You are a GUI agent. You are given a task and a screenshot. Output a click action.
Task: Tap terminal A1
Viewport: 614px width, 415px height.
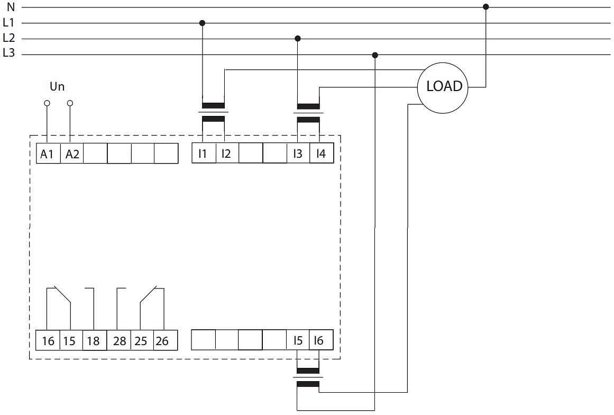(x=48, y=153)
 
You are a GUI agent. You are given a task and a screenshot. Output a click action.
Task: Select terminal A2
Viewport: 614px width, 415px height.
(x=72, y=153)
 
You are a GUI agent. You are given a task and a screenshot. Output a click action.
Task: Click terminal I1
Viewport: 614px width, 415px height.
(x=204, y=153)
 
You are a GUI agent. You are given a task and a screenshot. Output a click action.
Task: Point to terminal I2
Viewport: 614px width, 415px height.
(x=227, y=153)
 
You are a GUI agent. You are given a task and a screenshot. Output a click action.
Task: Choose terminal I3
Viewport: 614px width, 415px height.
(x=298, y=153)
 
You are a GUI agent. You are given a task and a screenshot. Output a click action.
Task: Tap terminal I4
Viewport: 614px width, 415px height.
(x=322, y=153)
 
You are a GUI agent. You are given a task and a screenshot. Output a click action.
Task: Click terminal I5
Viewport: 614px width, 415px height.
(x=298, y=340)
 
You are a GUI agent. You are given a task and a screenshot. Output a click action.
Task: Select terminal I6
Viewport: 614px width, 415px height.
(x=321, y=340)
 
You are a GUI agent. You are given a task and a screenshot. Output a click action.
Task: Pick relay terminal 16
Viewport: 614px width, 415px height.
(x=48, y=340)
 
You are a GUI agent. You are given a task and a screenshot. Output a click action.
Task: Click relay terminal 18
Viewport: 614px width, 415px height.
(x=94, y=340)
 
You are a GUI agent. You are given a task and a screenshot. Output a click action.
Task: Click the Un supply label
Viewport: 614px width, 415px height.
(x=57, y=86)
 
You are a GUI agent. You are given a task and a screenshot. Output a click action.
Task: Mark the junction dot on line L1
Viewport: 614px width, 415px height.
(x=202, y=23)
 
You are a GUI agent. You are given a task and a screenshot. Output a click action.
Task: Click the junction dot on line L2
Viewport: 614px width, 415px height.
(x=298, y=39)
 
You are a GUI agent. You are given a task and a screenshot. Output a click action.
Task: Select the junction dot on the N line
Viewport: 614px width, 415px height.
(x=486, y=7)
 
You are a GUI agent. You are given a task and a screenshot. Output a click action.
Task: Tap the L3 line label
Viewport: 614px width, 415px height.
(x=8, y=52)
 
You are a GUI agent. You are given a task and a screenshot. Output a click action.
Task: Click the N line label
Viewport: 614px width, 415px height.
(x=11, y=7)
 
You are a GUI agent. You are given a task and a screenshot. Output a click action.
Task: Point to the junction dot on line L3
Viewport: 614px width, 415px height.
(x=375, y=55)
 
